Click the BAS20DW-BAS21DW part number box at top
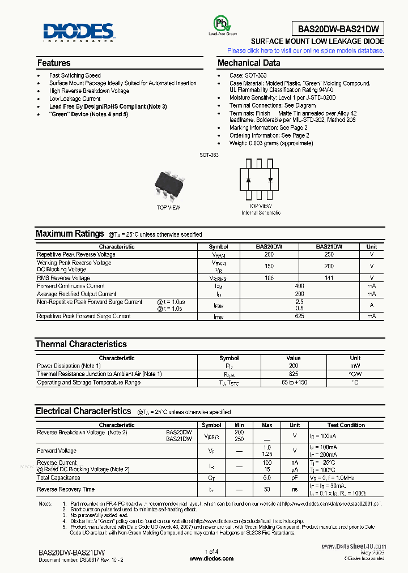(339, 29)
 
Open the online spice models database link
(305, 50)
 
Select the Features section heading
(54, 63)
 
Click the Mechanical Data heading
(249, 63)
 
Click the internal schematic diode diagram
(260, 179)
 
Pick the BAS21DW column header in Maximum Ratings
(329, 247)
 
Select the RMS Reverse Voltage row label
(63, 278)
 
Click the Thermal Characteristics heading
(81, 344)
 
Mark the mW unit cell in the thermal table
(355, 366)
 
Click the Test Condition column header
(346, 425)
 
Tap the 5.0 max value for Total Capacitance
(267, 478)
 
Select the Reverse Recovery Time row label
(66, 489)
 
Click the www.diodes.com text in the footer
(211, 558)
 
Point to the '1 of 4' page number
(211, 551)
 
